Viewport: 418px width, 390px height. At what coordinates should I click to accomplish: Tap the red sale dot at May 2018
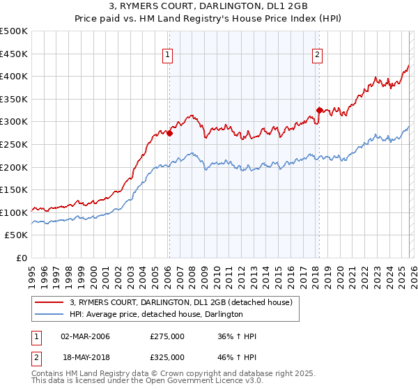click(x=319, y=110)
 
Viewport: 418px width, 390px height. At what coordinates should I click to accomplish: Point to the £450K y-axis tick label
click(x=14, y=54)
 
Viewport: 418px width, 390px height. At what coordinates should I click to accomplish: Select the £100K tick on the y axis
click(x=14, y=212)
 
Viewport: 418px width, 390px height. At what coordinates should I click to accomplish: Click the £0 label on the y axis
click(x=21, y=258)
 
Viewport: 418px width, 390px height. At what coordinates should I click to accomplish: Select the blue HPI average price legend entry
click(x=155, y=315)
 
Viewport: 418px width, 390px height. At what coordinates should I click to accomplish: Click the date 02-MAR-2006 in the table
click(x=85, y=336)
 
